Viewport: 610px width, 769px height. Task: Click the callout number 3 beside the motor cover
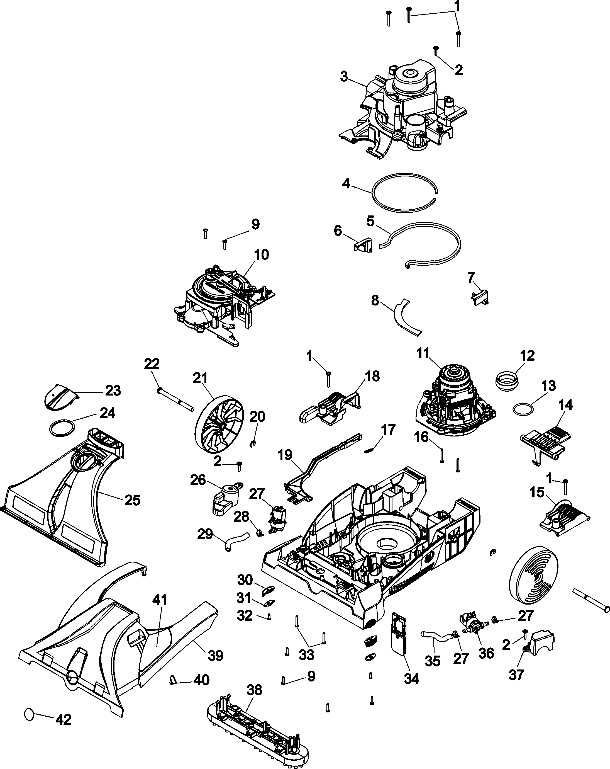(344, 77)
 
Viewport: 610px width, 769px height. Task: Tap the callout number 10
(261, 255)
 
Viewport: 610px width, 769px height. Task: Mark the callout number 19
(285, 455)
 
